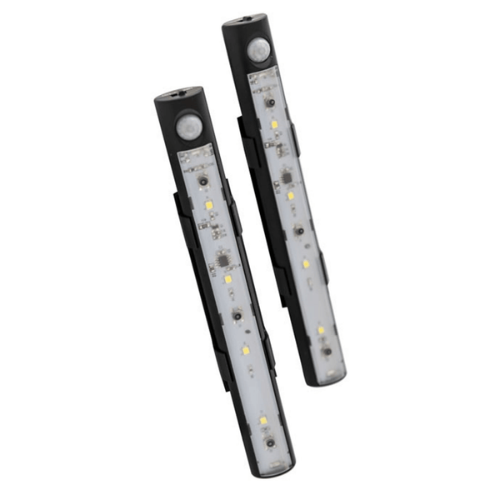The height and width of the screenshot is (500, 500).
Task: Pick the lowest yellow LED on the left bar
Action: coord(262,421)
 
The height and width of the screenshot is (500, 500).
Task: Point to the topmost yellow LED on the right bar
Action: coord(274,124)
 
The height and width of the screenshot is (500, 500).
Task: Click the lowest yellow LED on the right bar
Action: coord(321,330)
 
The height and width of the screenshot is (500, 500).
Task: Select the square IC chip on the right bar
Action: coord(285,177)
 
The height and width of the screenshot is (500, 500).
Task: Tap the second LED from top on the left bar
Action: coord(227,280)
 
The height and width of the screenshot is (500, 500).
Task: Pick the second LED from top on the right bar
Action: coord(290,196)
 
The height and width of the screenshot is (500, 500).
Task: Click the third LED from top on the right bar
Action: coord(306,263)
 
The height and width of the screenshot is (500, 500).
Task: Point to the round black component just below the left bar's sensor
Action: coord(202,180)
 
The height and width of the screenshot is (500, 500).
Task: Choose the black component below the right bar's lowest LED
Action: coord(327,351)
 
